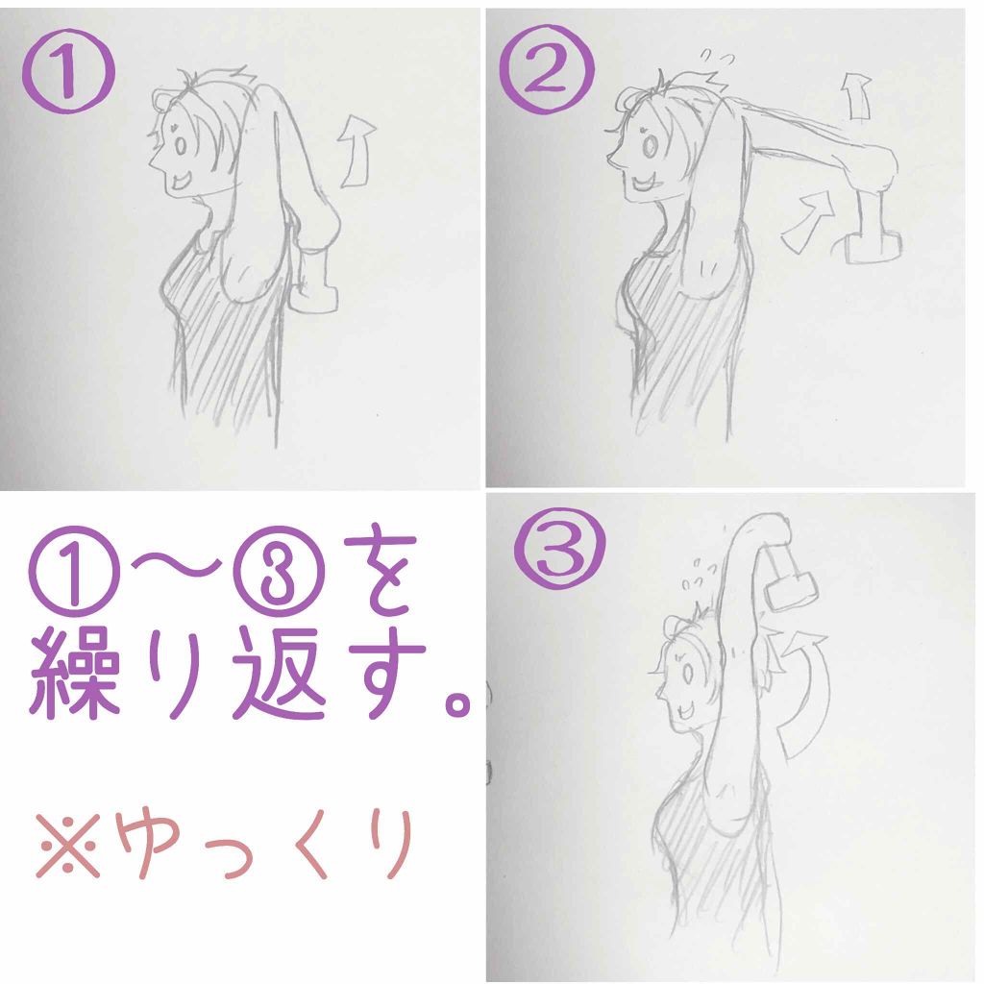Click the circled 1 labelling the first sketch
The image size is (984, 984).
69,71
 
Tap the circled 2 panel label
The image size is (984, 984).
547,67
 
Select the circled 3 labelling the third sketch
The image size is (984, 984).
560,548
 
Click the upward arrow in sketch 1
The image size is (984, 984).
356,151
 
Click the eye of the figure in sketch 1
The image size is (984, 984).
181,146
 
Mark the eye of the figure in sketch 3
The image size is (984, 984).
688,674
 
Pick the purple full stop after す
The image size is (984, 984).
457,702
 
